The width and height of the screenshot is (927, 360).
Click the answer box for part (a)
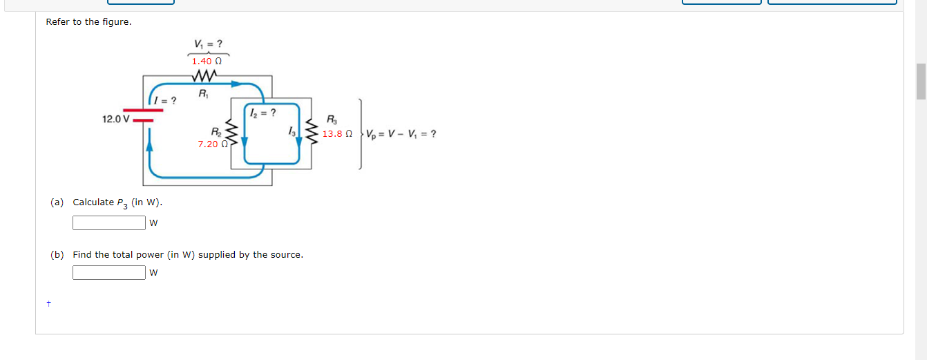[x=109, y=222]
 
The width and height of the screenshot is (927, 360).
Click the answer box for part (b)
[x=109, y=272]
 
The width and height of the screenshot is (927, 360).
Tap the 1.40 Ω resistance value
[x=206, y=61]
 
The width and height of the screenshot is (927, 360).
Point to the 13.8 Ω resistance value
[x=337, y=133]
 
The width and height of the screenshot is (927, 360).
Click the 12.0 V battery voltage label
[x=115, y=119]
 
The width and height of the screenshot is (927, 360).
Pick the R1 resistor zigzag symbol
[x=207, y=75]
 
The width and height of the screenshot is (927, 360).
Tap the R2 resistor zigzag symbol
[x=233, y=134]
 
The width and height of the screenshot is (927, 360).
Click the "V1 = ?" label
[x=208, y=44]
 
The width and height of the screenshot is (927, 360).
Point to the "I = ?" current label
[x=165, y=101]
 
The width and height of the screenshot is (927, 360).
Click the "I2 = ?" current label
[x=263, y=112]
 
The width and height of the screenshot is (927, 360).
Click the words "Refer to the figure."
[x=88, y=22]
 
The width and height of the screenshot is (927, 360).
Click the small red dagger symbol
[x=48, y=303]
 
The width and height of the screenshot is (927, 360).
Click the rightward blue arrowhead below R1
[x=237, y=84]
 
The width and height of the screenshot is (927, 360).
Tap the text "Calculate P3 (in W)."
[x=117, y=202]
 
